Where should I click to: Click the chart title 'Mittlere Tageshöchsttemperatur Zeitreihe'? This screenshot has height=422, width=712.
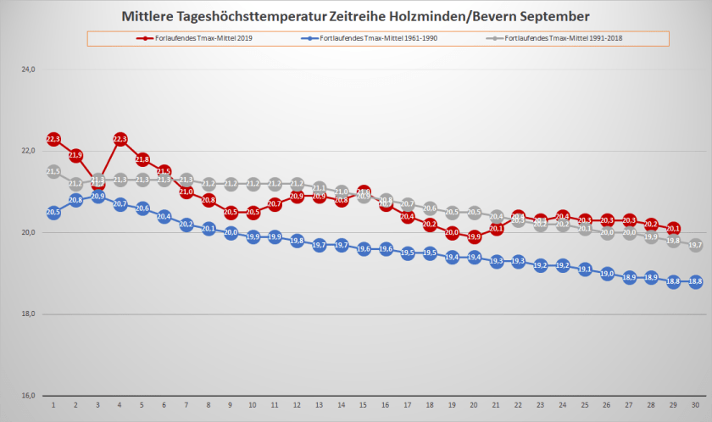click(355, 16)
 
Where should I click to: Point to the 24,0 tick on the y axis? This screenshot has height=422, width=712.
click(27, 69)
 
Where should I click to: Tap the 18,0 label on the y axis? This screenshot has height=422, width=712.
click(27, 314)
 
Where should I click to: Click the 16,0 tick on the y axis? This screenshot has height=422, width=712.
click(27, 396)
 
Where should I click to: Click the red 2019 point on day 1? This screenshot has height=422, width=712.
click(53, 139)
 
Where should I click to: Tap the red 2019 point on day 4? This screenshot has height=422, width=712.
click(120, 139)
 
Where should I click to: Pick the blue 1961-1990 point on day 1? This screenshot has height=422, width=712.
click(53, 213)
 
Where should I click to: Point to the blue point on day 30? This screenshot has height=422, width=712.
click(695, 282)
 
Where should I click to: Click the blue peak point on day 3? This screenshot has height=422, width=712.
click(97, 197)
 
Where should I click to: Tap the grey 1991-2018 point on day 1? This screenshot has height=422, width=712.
click(53, 172)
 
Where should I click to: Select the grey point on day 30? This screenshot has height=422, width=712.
click(695, 246)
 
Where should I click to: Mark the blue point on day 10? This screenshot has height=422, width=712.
click(253, 237)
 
